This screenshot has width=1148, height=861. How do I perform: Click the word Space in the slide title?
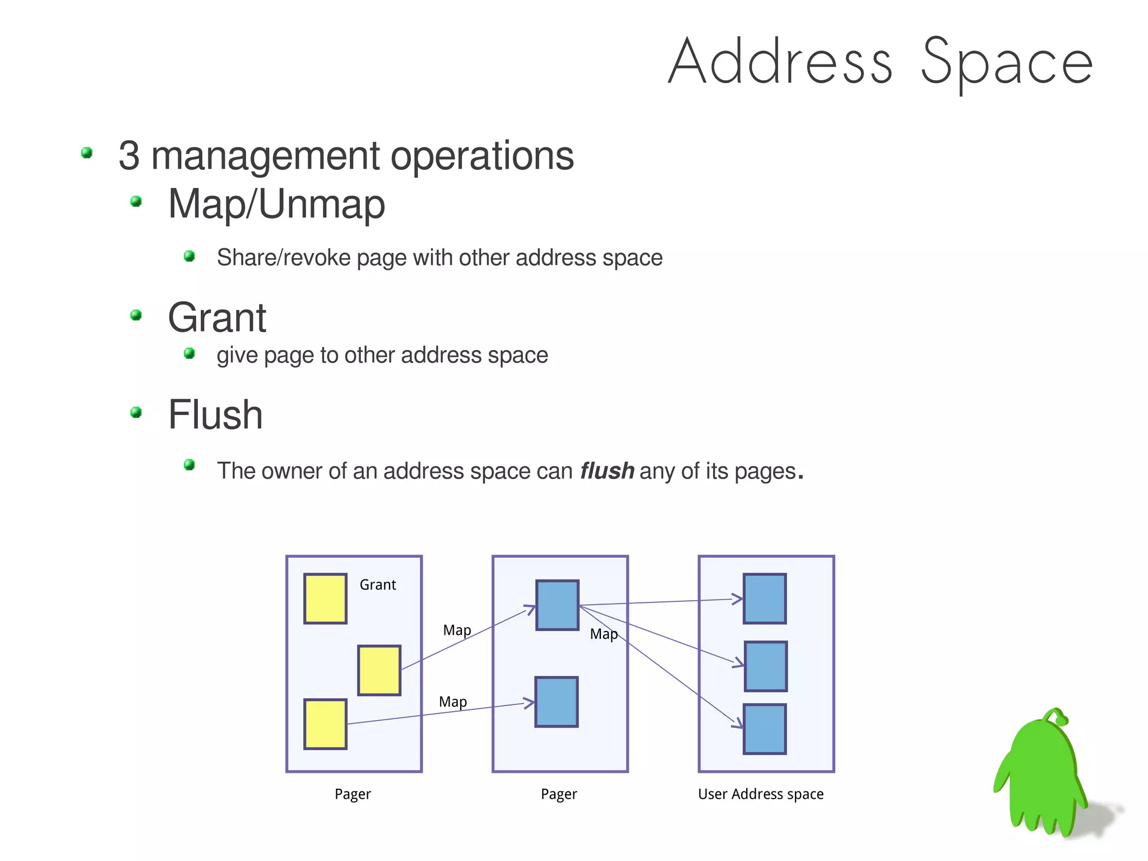(x=1007, y=62)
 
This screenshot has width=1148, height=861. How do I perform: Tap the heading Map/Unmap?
(x=276, y=204)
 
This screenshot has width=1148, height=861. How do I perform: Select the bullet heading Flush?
(x=215, y=415)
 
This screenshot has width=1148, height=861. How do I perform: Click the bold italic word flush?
(x=607, y=471)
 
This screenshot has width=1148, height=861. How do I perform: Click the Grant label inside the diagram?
(x=378, y=585)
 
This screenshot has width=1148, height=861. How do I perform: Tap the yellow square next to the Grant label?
(x=325, y=598)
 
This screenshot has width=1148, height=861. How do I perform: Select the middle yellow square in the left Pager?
(x=379, y=670)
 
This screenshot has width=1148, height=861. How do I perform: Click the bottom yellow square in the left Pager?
(x=325, y=724)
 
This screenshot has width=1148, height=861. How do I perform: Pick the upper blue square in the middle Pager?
(x=557, y=605)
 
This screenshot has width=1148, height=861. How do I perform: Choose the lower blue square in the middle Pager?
(x=557, y=702)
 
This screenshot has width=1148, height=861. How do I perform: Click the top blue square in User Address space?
(x=765, y=598)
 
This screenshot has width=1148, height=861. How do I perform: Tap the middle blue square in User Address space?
(x=766, y=666)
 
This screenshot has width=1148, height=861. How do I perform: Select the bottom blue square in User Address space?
(x=765, y=729)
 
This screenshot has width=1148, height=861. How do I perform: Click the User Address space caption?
(x=761, y=794)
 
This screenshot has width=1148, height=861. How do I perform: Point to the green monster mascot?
(x=1043, y=774)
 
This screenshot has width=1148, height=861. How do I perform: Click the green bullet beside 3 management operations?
(x=87, y=153)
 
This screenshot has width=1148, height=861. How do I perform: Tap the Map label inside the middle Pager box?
(x=604, y=634)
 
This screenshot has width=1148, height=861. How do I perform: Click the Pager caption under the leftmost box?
(x=353, y=794)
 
